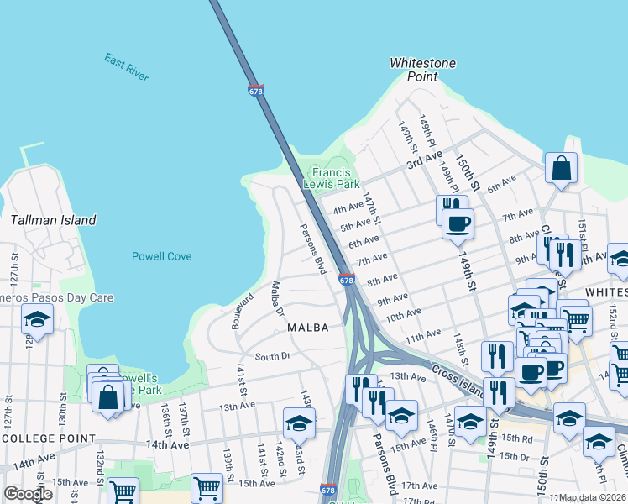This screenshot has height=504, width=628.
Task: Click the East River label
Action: click(x=127, y=67)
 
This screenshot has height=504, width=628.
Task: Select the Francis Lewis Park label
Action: click(x=336, y=177)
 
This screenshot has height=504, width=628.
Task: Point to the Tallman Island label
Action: click(x=54, y=220)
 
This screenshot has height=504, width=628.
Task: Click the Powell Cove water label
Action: click(x=161, y=256)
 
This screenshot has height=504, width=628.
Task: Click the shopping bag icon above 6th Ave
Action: click(x=560, y=168)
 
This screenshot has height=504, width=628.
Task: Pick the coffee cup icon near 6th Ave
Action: click(x=458, y=224)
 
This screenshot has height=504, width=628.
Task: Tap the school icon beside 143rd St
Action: click(x=299, y=425)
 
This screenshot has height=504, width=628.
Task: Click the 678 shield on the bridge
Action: click(x=257, y=90)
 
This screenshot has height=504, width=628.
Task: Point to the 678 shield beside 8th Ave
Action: click(x=347, y=280)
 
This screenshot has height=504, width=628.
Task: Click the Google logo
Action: click(x=28, y=493)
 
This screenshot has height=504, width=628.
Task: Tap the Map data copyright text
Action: click(x=593, y=497)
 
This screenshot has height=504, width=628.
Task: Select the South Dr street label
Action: click(x=272, y=356)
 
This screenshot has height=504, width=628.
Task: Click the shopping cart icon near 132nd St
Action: click(x=123, y=491)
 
